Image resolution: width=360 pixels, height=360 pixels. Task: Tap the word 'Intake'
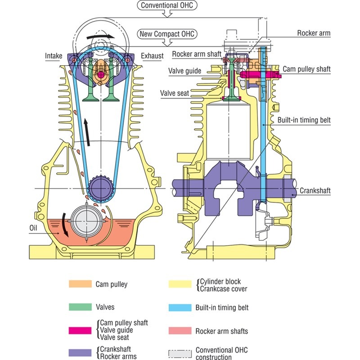click(x=53, y=56)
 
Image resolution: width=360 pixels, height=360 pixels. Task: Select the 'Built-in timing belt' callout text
click(x=304, y=120)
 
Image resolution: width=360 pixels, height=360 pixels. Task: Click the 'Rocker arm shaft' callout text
click(x=197, y=54)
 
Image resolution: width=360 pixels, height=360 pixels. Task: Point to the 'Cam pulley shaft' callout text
click(x=306, y=69)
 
